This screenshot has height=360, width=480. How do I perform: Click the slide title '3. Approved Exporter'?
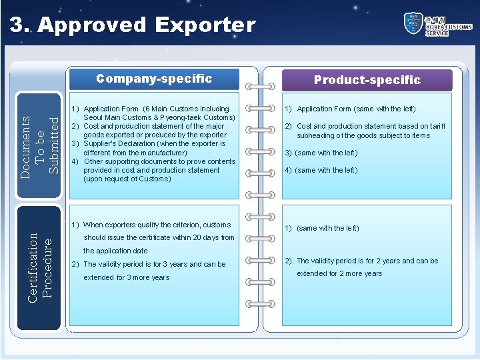pyautogui.click(x=132, y=25)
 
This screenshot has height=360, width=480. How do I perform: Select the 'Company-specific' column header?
pyautogui.click(x=153, y=79)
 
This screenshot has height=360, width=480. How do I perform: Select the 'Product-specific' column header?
pyautogui.click(x=367, y=80)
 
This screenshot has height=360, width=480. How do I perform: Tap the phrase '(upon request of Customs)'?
pyautogui.click(x=127, y=179)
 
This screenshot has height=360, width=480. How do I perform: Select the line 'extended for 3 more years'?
pyautogui.click(x=126, y=277)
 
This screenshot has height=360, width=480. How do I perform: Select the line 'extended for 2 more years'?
pyautogui.click(x=339, y=273)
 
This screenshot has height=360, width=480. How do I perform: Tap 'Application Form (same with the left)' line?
pyautogui.click(x=356, y=109)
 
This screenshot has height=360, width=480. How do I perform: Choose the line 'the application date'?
pyautogui.click(x=115, y=251)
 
